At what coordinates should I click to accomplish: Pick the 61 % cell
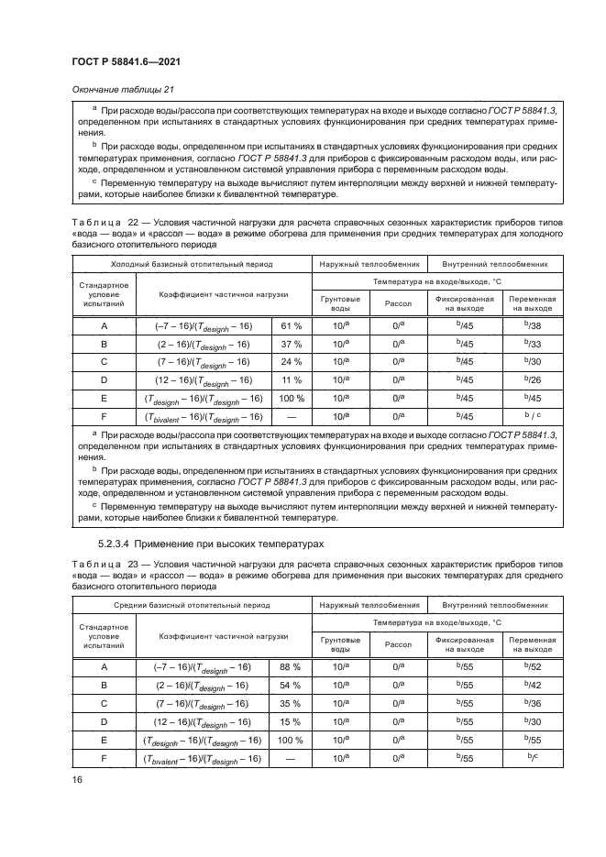[291, 325]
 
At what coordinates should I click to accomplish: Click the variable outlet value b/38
[531, 325]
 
